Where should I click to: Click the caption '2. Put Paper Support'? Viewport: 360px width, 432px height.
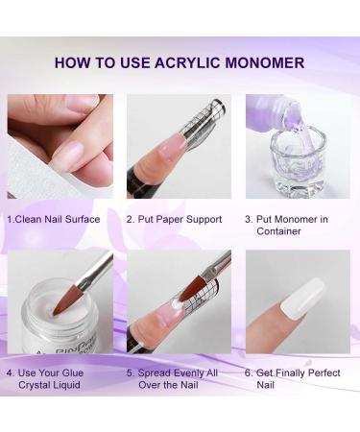pos(174,220)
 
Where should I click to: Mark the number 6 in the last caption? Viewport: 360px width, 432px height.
pos(249,372)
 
